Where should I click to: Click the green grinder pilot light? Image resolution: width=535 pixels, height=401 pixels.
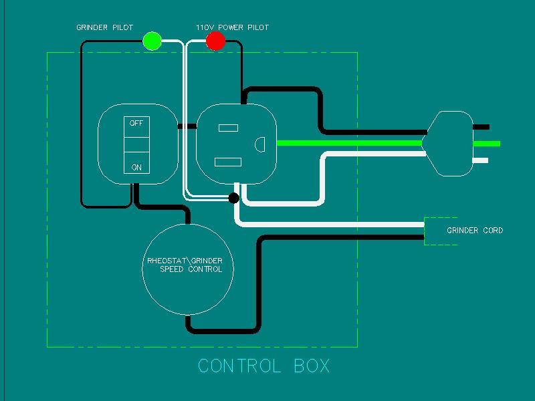pyautogui.click(x=152, y=41)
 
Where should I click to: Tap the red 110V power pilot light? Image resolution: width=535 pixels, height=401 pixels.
pyautogui.click(x=215, y=41)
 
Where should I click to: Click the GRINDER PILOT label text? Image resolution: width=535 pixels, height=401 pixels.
pyautogui.click(x=104, y=27)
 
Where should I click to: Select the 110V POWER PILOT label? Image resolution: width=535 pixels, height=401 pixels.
pyautogui.click(x=232, y=27)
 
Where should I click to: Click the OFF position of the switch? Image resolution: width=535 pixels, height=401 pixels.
pyautogui.click(x=136, y=124)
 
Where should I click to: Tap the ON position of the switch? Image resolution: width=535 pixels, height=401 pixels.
pyautogui.click(x=136, y=167)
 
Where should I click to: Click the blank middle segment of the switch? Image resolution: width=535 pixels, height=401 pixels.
pyautogui.click(x=136, y=144)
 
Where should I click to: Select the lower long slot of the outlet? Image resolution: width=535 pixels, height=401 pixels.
pyautogui.click(x=227, y=162)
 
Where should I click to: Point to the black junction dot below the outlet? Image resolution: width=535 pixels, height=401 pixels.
pyautogui.click(x=233, y=198)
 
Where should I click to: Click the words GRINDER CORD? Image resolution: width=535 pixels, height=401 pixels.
pyautogui.click(x=475, y=231)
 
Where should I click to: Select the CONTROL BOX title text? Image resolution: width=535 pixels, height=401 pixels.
pyautogui.click(x=264, y=366)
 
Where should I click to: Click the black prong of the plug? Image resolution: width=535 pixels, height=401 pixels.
pyautogui.click(x=481, y=127)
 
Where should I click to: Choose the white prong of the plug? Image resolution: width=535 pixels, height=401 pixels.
pyautogui.click(x=481, y=160)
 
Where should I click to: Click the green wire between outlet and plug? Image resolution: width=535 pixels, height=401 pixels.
pyautogui.click(x=348, y=143)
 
